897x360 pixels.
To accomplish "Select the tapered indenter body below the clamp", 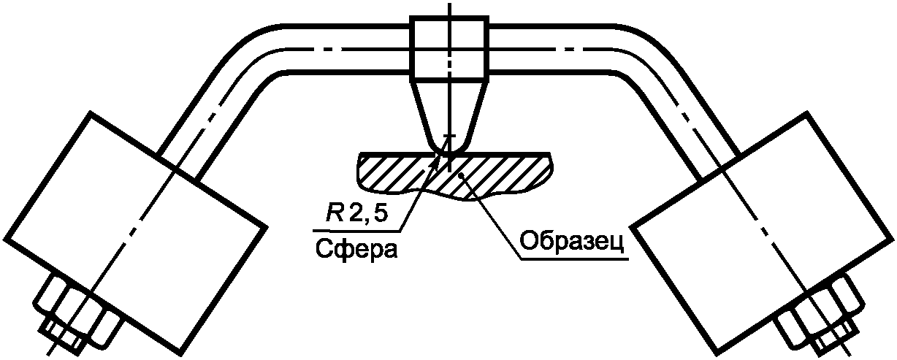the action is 448,110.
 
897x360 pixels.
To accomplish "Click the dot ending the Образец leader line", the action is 458,175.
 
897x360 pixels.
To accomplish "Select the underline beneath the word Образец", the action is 573,258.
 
